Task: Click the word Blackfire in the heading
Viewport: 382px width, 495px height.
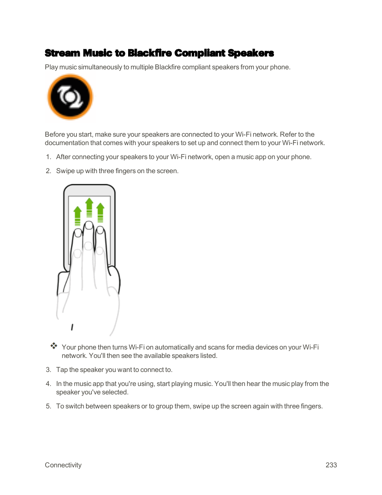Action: click(149, 53)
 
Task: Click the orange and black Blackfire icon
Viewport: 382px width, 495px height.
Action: click(70, 97)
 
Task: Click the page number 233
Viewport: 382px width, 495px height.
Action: click(331, 465)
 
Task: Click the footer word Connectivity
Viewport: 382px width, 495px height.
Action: click(63, 465)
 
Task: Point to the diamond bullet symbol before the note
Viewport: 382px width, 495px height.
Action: click(54, 346)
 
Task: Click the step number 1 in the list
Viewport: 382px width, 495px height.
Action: click(48, 157)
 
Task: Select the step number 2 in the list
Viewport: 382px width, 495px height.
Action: click(48, 171)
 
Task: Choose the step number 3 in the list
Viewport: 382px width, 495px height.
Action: click(48, 370)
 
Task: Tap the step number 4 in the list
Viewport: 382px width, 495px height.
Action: click(48, 384)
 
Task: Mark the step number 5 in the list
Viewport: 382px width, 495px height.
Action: click(48, 406)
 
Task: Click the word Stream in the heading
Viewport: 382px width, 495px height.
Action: click(62, 53)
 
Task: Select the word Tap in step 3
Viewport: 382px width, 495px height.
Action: click(62, 370)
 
